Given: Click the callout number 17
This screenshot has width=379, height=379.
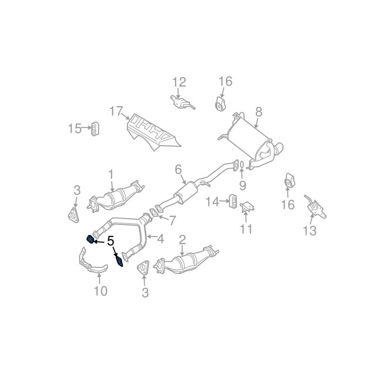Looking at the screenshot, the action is [x=116, y=111].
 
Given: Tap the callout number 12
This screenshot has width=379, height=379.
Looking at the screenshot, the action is [x=180, y=82].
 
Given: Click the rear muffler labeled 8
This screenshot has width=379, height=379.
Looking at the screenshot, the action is [x=252, y=141].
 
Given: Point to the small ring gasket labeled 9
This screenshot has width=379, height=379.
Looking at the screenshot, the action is [x=242, y=164].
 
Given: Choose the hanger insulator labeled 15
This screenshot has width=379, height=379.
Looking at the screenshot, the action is [x=95, y=129].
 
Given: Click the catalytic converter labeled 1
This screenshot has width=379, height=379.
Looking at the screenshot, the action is [x=116, y=198].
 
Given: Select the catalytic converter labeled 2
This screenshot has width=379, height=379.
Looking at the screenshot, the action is [x=187, y=260].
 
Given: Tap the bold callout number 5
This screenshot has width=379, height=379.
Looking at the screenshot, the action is [x=111, y=241].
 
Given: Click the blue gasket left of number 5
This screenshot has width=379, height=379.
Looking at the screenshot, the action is [x=90, y=239].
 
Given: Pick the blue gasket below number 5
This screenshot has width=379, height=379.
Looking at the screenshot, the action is [x=119, y=262].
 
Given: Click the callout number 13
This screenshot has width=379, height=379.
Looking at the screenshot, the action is [x=310, y=230].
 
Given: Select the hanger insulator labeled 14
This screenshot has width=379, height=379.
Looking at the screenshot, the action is [x=233, y=200].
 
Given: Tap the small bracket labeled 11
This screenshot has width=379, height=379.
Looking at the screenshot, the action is [x=247, y=207].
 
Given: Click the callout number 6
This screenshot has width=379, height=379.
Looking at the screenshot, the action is [x=178, y=170].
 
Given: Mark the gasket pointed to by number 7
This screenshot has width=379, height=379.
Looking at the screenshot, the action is [x=153, y=212].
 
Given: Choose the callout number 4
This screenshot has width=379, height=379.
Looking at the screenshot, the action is [x=161, y=239].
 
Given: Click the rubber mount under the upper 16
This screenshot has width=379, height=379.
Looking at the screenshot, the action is [x=220, y=104].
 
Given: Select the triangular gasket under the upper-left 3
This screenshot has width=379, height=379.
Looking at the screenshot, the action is [x=73, y=215].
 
